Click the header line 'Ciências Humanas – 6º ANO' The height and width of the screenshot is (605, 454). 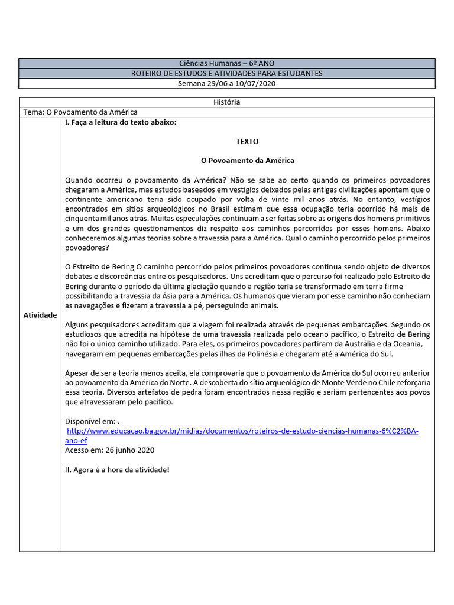tap(226, 63)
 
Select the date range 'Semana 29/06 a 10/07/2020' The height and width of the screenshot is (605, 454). tap(226, 83)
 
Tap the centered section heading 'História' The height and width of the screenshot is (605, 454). tap(226, 102)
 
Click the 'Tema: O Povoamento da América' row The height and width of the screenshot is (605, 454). tap(80, 112)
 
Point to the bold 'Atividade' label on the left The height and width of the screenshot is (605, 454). tap(40, 315)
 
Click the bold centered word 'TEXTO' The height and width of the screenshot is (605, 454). tap(247, 141)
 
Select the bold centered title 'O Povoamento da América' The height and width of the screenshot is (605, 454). tap(247, 160)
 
